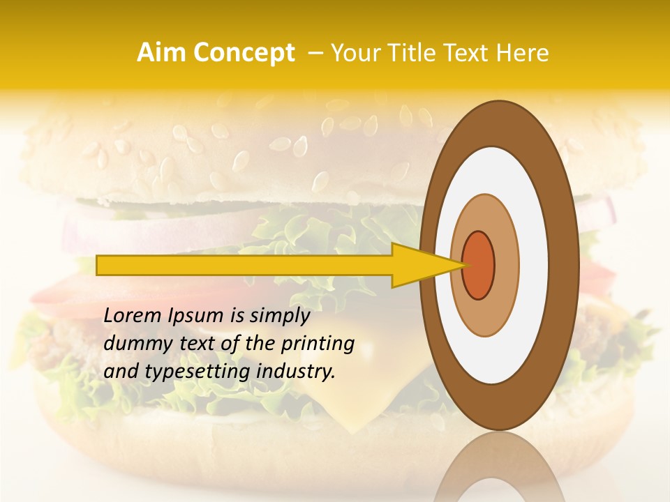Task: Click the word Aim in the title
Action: pos(161,53)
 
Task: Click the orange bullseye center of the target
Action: pos(478,265)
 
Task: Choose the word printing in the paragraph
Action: pos(320,344)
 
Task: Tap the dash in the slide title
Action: pos(315,53)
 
